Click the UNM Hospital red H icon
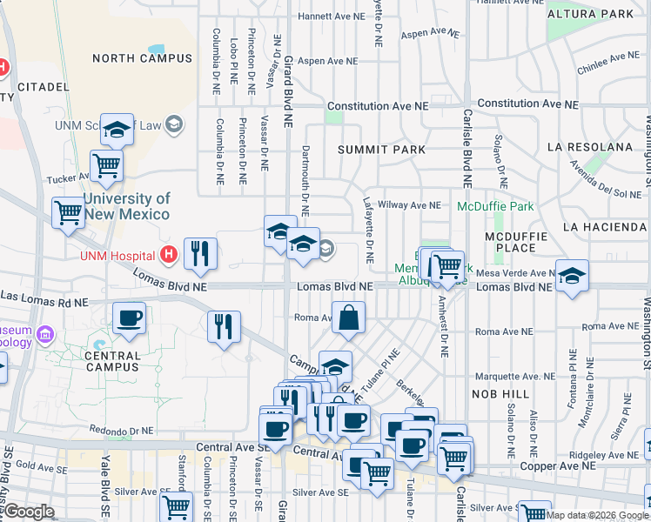(x=170, y=255)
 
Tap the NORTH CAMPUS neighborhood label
(x=142, y=58)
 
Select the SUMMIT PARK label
(x=382, y=150)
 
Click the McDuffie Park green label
(x=496, y=207)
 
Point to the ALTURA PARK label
(x=602, y=14)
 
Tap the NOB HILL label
(x=504, y=394)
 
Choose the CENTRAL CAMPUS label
(x=113, y=356)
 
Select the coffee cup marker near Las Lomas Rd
(x=129, y=318)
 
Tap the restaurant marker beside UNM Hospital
(x=200, y=253)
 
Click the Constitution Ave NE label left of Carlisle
(x=379, y=105)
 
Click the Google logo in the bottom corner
(x=28, y=512)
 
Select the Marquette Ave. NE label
(x=514, y=377)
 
